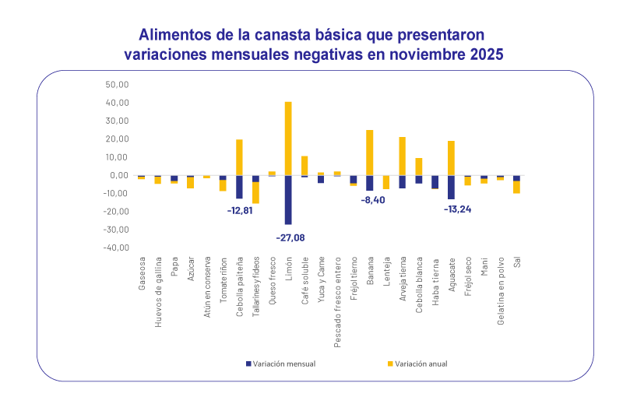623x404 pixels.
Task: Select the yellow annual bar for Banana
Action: click(x=369, y=152)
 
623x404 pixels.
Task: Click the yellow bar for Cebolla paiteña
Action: click(x=240, y=156)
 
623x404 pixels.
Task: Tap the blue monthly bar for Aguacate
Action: click(x=451, y=187)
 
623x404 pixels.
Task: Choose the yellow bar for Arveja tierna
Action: click(x=402, y=156)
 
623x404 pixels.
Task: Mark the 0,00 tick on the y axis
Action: click(x=119, y=175)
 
